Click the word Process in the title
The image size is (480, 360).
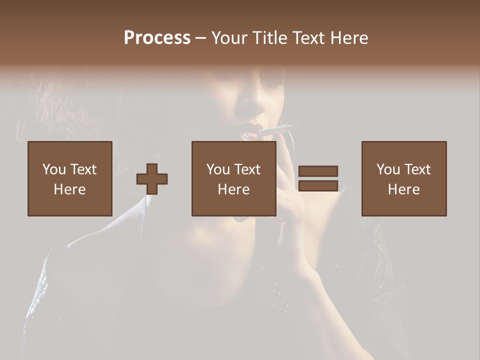coord(157,38)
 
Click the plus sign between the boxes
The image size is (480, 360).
coord(152,178)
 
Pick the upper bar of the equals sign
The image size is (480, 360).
coord(318,171)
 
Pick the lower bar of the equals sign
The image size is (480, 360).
coord(318,185)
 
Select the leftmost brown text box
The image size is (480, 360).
coord(70,178)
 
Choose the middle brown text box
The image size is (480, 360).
coord(233,178)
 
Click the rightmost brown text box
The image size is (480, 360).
coord(403,178)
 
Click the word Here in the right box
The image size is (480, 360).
coord(403,189)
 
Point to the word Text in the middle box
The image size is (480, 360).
coord(247,169)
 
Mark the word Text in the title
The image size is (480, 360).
coord(307,38)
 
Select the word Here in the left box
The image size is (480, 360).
coord(70,189)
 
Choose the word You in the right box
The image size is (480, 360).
coord(388,169)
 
